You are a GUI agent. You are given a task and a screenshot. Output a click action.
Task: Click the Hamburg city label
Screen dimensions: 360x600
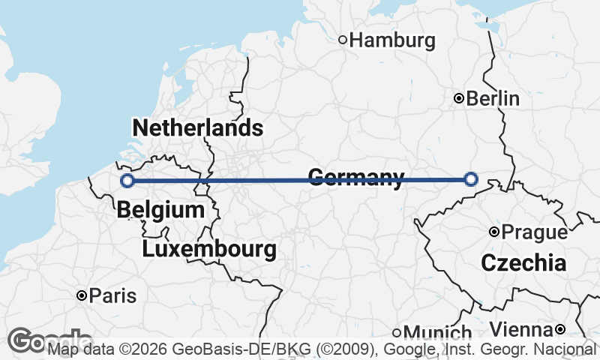tap(392, 40)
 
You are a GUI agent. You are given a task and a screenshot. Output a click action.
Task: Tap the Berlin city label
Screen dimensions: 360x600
tap(493, 98)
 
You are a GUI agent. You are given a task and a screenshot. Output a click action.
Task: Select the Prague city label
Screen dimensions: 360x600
tap(534, 232)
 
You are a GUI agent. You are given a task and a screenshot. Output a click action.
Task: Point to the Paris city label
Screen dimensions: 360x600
tap(112, 295)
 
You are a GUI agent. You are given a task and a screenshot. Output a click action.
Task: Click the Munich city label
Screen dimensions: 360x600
tap(438, 332)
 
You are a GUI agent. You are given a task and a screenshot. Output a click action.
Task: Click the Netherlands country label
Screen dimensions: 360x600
tap(198, 127)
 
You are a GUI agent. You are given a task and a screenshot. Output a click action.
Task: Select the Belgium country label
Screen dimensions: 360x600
tap(160, 210)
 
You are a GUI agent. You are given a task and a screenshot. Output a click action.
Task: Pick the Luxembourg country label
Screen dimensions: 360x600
tap(208, 248)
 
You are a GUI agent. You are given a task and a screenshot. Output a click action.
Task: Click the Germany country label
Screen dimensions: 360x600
tap(355, 177)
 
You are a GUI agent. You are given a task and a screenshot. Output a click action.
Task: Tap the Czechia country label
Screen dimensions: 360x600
tap(523, 262)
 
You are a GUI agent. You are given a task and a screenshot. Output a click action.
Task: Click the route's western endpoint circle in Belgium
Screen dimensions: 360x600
tap(127, 180)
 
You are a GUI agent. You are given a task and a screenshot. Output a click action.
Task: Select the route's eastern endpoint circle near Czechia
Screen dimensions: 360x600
tap(471, 178)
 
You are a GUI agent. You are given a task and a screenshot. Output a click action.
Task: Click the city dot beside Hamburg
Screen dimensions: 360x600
tap(343, 40)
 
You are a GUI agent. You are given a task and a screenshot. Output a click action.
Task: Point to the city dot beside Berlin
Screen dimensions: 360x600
tap(459, 98)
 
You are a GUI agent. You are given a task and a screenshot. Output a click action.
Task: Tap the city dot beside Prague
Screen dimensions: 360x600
tap(493, 232)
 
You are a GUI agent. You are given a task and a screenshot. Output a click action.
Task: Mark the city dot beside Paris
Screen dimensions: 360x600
tap(82, 295)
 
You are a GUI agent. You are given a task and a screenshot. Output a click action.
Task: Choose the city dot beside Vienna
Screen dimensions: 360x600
tap(559, 329)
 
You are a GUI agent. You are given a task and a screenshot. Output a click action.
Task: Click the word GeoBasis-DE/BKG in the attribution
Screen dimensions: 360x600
tap(216, 349)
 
